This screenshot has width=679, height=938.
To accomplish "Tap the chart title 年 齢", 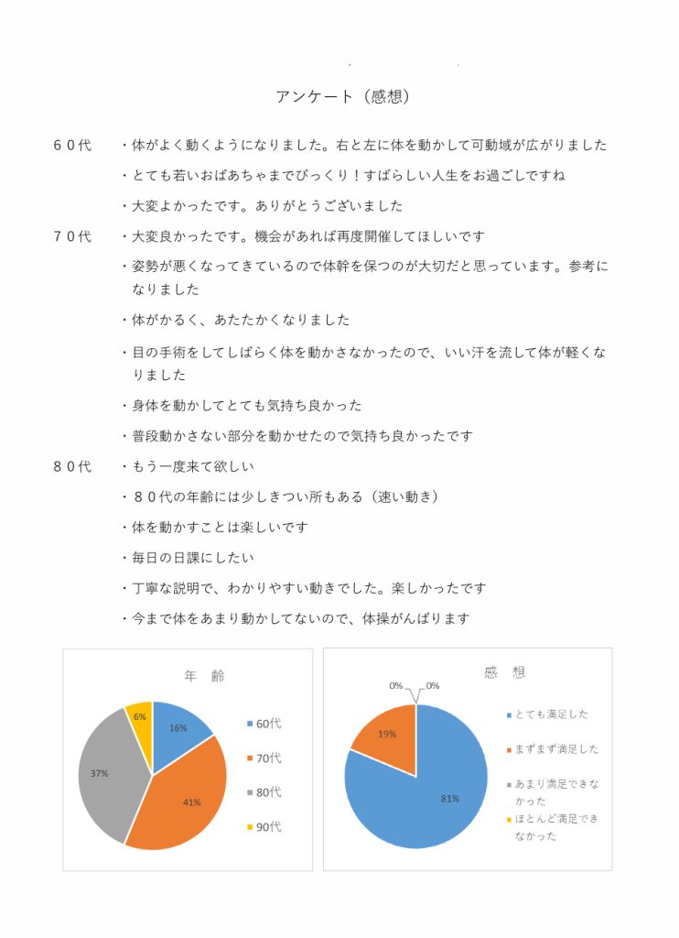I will pos(204,676).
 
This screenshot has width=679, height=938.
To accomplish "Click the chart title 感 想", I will pos(504,672).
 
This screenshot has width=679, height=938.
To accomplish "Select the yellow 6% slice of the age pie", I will pos(140,723).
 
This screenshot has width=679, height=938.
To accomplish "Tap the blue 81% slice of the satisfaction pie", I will pos(439,792).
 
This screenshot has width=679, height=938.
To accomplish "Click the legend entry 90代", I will pos(268,827).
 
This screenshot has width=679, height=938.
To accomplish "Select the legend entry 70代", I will pos(268,758).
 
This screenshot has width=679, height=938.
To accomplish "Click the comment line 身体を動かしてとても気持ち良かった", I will pos(247,405).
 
